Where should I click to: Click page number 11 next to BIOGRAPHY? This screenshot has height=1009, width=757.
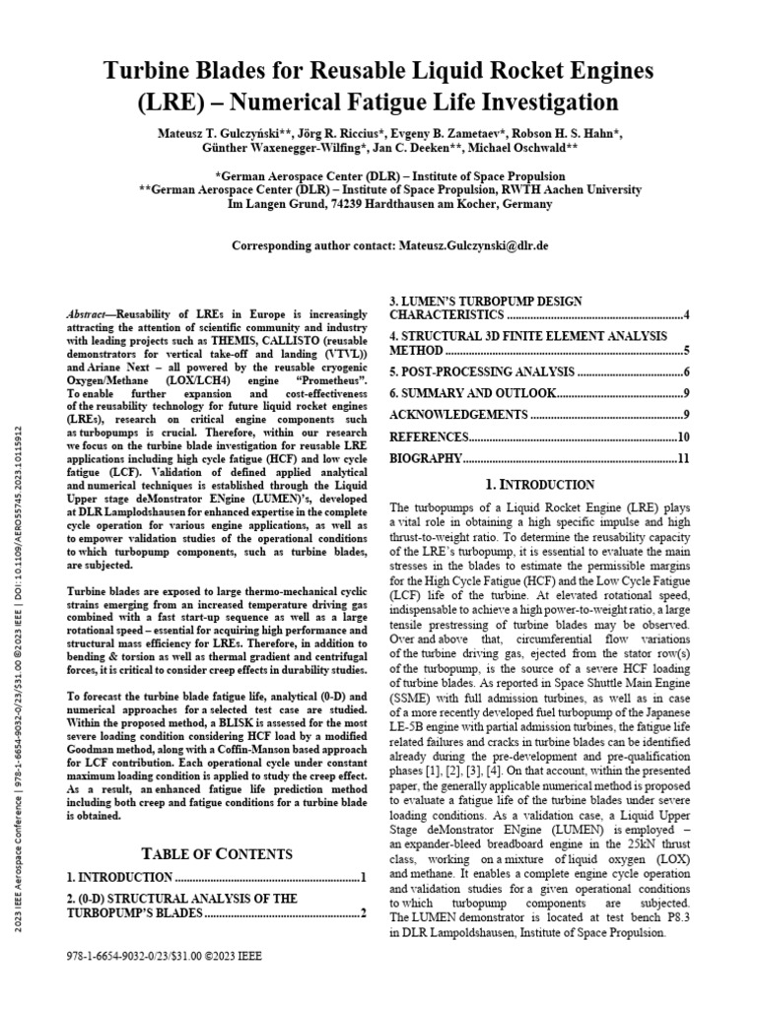tap(683, 458)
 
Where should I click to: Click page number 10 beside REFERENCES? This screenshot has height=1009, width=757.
tap(683, 437)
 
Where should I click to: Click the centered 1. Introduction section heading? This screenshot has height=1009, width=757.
tap(540, 485)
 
